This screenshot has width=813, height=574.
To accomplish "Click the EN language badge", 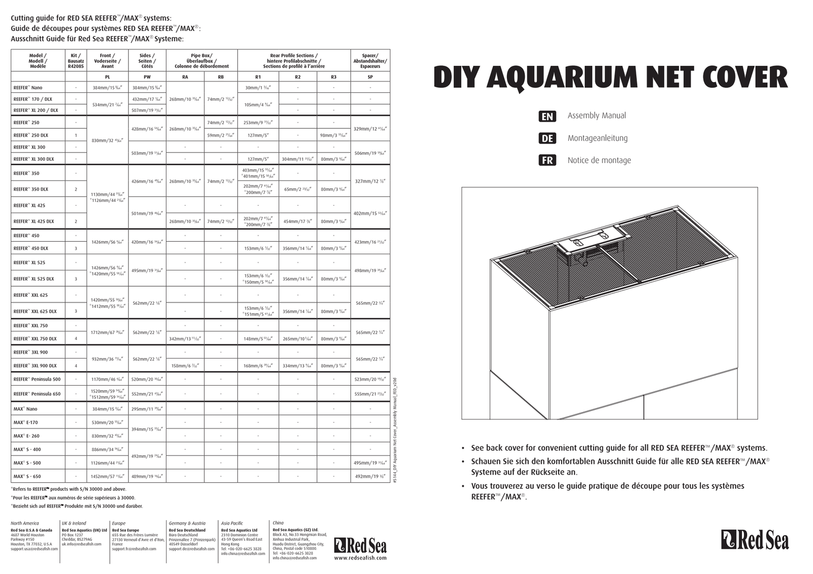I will tap(547, 116).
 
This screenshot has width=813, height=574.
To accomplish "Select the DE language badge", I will tap(547, 138).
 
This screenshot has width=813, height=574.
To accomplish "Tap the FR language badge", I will tap(547, 160).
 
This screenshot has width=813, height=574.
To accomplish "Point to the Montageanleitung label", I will tap(597, 138).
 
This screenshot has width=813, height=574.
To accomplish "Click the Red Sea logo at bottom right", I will tap(755, 540).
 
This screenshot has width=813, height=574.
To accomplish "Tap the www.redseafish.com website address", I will tap(360, 558).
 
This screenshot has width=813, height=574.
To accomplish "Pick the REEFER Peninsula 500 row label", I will tap(37, 379).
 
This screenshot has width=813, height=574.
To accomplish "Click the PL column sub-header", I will tap(107, 76).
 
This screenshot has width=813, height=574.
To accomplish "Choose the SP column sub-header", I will tap(370, 76).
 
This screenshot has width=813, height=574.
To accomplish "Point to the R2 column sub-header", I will tap(298, 76).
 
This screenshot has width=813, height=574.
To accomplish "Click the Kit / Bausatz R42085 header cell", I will tap(76, 60).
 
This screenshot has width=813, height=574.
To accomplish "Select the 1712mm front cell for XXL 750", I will tap(107, 332).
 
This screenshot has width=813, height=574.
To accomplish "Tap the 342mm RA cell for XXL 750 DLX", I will tap(185, 339).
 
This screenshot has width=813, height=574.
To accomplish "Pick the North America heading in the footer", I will tap(25, 523).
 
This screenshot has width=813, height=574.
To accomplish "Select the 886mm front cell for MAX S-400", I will tap(107, 449).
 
